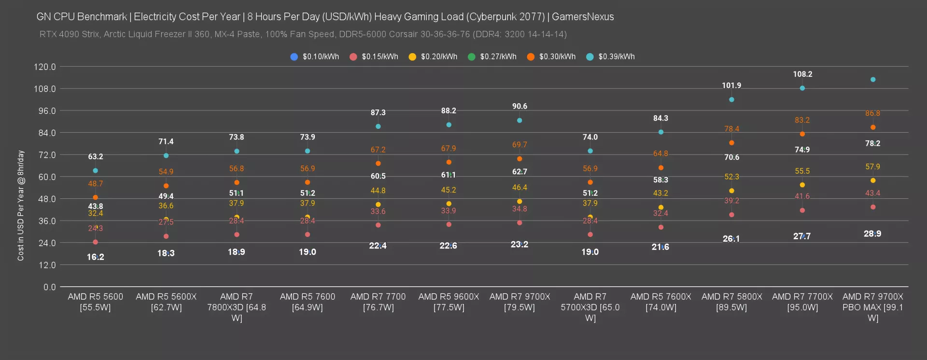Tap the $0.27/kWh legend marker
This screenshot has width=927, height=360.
coord(472,57)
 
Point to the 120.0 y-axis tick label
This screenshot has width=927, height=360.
coord(45,67)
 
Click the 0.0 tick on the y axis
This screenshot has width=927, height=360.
coord(50,287)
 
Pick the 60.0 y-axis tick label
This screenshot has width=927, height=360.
coord(47,177)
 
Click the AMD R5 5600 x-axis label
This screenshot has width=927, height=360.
coord(96,302)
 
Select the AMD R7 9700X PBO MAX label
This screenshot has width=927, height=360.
coord(873,307)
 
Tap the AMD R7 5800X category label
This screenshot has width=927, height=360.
coord(731,302)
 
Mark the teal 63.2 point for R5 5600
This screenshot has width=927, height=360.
coord(96,170)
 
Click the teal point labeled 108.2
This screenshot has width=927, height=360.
coord(802,88)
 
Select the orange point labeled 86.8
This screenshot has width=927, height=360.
coord(873,127)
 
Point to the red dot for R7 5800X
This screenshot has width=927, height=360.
coord(731,215)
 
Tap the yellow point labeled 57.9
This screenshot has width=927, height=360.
coord(873,180)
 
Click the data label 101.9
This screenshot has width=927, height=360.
coord(731,85)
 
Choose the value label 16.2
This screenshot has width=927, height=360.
coord(96,257)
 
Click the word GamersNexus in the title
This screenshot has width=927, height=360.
coord(583,17)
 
